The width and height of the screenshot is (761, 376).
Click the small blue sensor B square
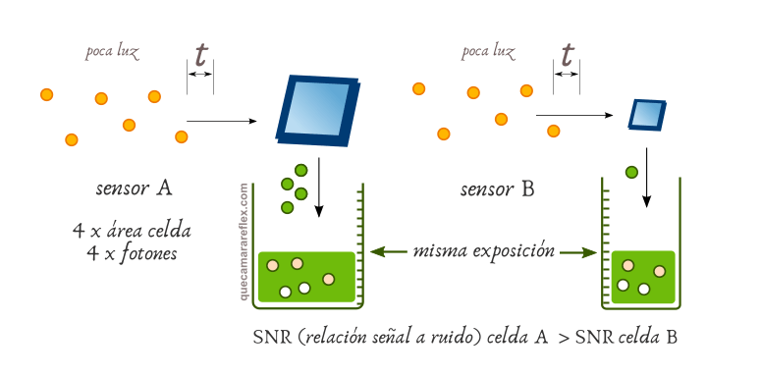click(646, 115)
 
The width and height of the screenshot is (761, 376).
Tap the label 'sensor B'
click(497, 188)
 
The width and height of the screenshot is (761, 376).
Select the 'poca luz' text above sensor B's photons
click(488, 50)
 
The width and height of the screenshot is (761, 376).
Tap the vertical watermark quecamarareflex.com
click(243, 240)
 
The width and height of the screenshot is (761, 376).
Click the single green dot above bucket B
click(631, 173)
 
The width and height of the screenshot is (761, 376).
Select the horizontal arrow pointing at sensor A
click(221, 122)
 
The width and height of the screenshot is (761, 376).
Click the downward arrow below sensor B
click(646, 177)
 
